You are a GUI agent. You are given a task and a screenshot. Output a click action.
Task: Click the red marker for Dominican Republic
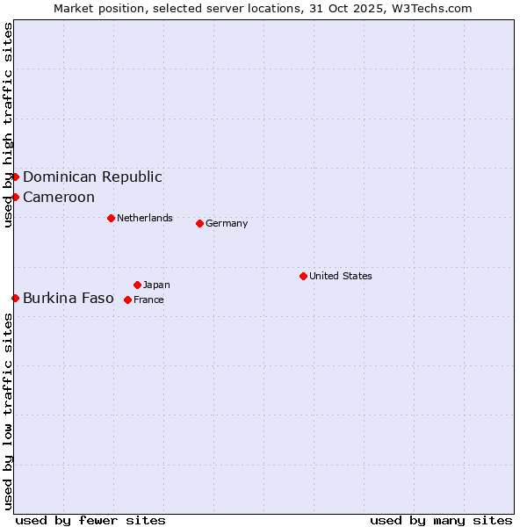click(15, 177)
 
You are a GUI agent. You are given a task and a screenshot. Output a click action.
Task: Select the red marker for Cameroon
click(15, 197)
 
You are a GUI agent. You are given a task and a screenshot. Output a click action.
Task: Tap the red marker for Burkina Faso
click(15, 298)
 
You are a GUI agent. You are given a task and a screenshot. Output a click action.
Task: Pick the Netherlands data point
click(111, 218)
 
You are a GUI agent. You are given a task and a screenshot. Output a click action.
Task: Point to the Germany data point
click(199, 223)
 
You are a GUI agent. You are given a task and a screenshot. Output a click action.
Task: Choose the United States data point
click(303, 276)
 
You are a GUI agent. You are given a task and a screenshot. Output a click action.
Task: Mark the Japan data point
click(137, 285)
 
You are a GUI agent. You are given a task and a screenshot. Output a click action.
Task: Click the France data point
click(127, 300)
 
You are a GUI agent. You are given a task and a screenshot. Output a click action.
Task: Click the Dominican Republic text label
click(92, 177)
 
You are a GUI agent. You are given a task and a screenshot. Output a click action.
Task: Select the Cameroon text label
click(59, 197)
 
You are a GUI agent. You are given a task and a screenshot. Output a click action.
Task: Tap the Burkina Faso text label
click(69, 298)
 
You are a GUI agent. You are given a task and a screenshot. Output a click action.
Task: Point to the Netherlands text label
click(145, 218)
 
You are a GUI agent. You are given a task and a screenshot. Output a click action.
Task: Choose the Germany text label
click(227, 223)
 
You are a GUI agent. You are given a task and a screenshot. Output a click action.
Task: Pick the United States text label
click(341, 276)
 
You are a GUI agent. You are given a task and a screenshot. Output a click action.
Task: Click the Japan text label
click(156, 285)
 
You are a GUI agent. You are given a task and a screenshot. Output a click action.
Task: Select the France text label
click(148, 300)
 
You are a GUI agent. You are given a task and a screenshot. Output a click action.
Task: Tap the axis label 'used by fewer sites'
click(90, 520)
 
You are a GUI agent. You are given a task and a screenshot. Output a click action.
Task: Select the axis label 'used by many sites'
click(441, 520)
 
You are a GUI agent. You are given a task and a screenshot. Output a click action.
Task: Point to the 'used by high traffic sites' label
click(8, 126)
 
